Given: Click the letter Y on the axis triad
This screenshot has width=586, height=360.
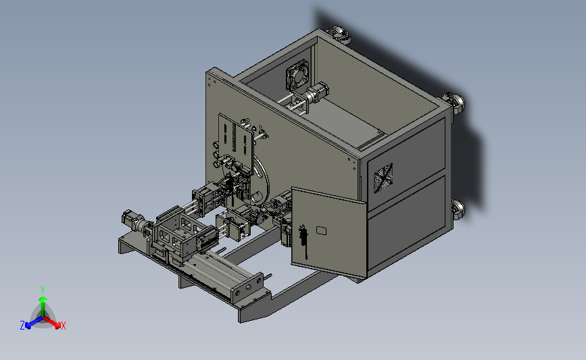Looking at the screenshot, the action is (x=43, y=290).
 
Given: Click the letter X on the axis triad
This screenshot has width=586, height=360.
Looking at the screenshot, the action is (x=63, y=326).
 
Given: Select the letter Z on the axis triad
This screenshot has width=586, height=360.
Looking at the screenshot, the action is (x=22, y=326).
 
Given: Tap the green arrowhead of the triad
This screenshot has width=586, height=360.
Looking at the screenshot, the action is (x=43, y=299).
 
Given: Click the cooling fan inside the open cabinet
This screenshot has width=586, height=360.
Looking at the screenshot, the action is (x=298, y=76).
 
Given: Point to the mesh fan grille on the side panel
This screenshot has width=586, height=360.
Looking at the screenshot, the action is (x=383, y=178).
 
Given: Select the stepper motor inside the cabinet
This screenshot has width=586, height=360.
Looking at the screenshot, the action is (x=316, y=93).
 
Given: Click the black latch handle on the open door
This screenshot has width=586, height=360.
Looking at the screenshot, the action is (x=303, y=241).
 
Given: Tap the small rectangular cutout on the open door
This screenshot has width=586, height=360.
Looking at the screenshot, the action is (x=322, y=230).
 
